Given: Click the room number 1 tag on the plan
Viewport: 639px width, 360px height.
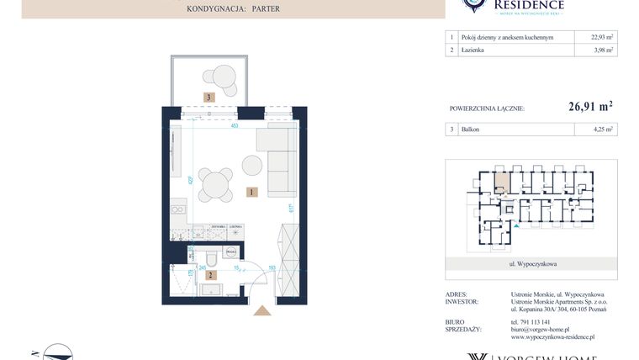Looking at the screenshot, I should (x=251, y=192).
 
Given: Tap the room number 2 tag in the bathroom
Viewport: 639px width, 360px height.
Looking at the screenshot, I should (x=211, y=274).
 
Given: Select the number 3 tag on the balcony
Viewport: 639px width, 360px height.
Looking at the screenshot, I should (x=209, y=98).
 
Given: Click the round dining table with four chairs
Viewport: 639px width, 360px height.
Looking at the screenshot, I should (x=216, y=184).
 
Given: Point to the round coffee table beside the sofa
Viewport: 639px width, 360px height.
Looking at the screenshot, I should (x=252, y=164).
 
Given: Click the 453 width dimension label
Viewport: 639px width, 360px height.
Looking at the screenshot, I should (x=235, y=126).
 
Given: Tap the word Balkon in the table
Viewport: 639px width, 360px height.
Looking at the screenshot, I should (x=471, y=130).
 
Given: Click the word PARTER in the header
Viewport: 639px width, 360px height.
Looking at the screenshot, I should (x=265, y=8).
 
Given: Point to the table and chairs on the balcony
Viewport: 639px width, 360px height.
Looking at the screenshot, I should (x=223, y=77).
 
